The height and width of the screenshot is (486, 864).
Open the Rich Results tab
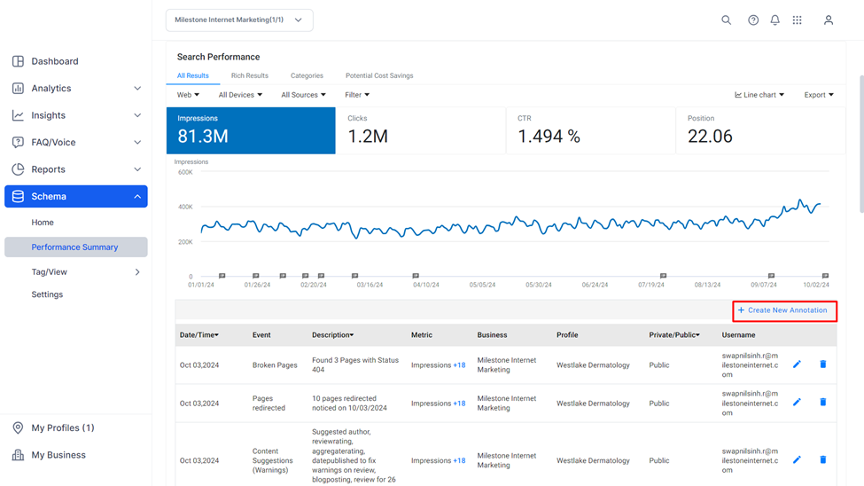[x=250, y=75]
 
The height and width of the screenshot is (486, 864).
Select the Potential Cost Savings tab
[x=379, y=75]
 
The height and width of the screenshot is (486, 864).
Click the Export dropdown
[x=819, y=95]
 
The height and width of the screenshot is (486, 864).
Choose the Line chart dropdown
[x=759, y=95]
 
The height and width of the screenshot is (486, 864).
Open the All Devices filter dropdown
[x=240, y=95]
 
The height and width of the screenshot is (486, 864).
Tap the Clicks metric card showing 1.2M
[x=421, y=130]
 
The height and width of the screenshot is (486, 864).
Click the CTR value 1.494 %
[x=549, y=137]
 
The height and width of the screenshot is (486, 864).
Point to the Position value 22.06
[x=710, y=137]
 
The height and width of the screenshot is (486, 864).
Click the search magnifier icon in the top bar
[x=727, y=20]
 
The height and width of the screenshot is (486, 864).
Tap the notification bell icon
[x=774, y=20]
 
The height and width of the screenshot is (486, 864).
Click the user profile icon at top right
[x=829, y=20]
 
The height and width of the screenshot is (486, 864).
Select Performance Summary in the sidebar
[x=76, y=247]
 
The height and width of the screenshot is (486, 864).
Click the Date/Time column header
[x=198, y=335]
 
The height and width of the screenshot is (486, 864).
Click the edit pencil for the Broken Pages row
[x=797, y=364]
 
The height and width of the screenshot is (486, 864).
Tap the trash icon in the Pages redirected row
[x=823, y=402]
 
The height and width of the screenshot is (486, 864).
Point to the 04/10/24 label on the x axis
[x=426, y=286]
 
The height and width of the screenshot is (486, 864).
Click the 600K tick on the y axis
[x=186, y=173]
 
